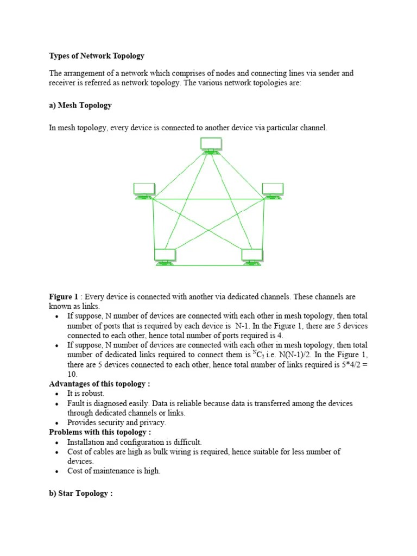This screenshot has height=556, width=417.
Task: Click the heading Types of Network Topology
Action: [97, 56]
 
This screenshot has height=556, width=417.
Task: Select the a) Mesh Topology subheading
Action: [80, 105]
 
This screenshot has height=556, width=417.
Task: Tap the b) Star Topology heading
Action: [80, 494]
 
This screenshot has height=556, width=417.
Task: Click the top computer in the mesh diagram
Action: [211, 145]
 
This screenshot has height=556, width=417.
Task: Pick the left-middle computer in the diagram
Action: [144, 191]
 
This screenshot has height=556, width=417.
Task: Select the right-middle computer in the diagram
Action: [272, 191]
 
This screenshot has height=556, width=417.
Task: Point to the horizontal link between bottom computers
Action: [208, 266]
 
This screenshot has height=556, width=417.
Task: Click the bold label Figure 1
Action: [64, 297]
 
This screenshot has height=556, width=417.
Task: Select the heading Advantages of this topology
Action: [99, 384]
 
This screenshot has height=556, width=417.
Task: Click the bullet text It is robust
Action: [86, 394]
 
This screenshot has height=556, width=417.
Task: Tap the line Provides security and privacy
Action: [117, 422]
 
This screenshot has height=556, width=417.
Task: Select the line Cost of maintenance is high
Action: [114, 471]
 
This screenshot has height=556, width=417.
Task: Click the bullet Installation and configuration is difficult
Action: [134, 442]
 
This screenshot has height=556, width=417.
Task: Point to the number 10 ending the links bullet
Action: [72, 375]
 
